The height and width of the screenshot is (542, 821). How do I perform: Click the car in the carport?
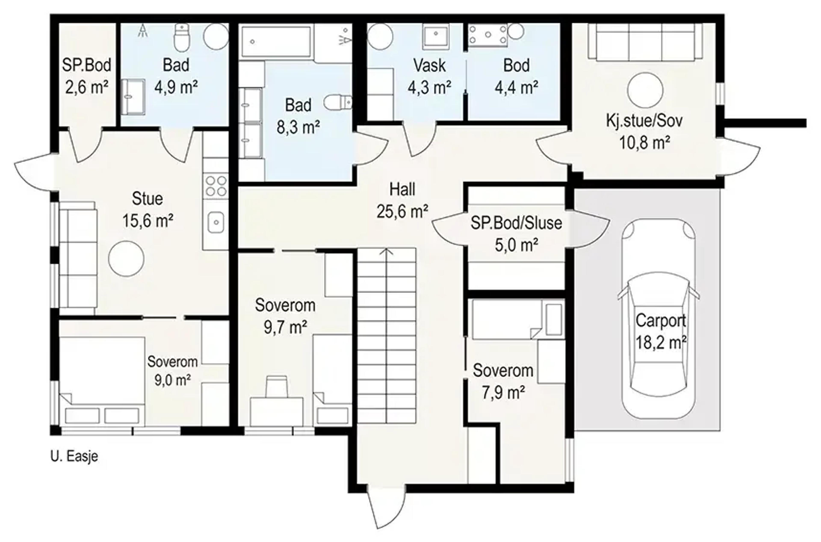point(658,319)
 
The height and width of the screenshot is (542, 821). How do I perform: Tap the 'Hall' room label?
point(402,190)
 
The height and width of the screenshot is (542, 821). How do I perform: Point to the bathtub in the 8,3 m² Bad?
point(276,41)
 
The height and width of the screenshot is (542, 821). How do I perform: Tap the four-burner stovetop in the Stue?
point(216,186)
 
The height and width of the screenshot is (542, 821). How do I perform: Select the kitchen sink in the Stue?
point(216,222)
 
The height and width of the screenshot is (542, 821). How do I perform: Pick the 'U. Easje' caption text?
point(74,456)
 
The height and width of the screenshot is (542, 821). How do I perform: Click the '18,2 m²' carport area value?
point(661,343)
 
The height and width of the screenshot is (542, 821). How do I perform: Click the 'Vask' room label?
point(429,65)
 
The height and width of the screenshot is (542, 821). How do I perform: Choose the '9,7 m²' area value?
point(285,327)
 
